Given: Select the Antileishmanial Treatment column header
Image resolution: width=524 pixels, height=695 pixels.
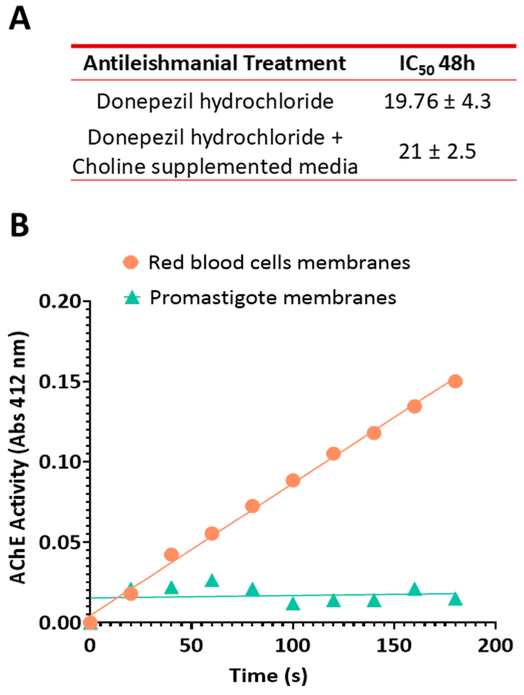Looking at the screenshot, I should click(x=214, y=63).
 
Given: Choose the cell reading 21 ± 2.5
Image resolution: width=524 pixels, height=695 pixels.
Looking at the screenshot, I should click(x=437, y=152).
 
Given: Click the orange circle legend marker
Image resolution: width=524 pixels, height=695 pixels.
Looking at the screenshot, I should click(x=130, y=262).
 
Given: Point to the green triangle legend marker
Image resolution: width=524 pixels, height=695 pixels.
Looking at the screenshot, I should click(x=132, y=297).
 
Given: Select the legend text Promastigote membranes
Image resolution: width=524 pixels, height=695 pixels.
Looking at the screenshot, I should click(x=273, y=297).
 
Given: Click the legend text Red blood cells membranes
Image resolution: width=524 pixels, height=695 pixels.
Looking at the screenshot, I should click(x=279, y=262).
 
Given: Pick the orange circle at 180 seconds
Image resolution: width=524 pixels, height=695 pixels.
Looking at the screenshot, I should click(x=455, y=381).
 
